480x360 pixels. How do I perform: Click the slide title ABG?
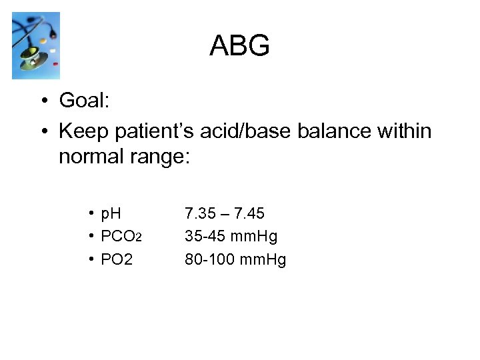tap(239, 46)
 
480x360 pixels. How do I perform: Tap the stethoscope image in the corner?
tap(36, 45)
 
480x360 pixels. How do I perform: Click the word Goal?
tap(84, 101)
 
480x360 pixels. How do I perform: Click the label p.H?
tap(111, 214)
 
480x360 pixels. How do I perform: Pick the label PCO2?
tap(121, 237)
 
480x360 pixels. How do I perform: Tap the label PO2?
tap(116, 259)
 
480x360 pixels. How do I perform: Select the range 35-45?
tap(205, 237)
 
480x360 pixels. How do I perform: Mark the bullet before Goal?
tap(42, 101)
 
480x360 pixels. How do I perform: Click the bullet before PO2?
tap(90, 259)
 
